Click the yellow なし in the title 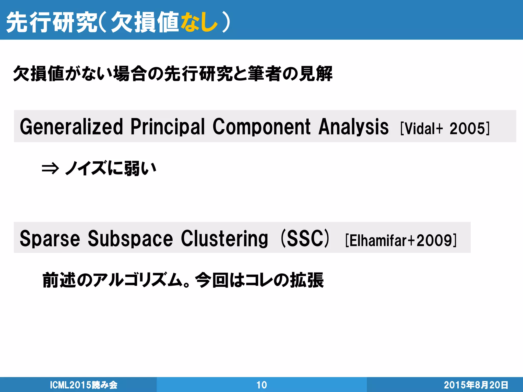pos(199,22)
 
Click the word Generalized pos(72,127)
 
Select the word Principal pos(168,127)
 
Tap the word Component pos(261,127)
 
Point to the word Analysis pos(353,127)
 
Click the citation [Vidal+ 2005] pos(445,128)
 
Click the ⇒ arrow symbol pos(50,169)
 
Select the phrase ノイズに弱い pos(110,168)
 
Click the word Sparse pos(50,239)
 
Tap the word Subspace pos(130,239)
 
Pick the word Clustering pos(224,239)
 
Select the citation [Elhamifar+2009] pos(401,240)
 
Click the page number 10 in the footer pos(261,385)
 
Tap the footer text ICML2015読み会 pos(84,385)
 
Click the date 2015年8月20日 pos(476,385)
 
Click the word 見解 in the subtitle pos(316,74)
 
